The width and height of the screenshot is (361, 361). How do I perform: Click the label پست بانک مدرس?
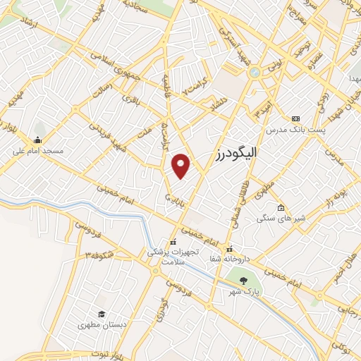294,130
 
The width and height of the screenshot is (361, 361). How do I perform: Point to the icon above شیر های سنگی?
281,207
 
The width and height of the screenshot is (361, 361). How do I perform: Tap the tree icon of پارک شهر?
244,281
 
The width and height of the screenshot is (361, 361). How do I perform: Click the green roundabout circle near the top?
255,72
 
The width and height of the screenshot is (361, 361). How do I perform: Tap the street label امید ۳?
263,110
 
